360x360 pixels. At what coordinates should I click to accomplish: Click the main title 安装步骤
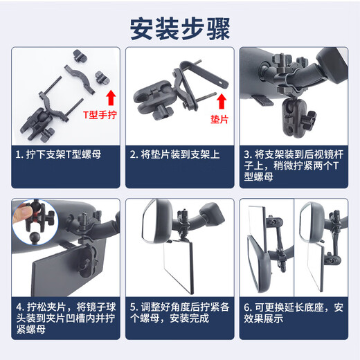(x=180, y=28)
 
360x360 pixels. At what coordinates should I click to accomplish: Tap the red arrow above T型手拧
(x=111, y=98)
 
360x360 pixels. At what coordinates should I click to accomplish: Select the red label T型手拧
(x=100, y=115)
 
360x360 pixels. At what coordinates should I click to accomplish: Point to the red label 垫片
(x=219, y=119)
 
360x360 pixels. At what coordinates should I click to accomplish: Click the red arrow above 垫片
(x=222, y=101)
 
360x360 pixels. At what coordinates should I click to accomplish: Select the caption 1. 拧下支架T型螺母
(x=58, y=154)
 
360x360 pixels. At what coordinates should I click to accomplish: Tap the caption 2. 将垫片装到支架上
(x=174, y=154)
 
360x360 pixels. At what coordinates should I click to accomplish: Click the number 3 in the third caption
(x=246, y=154)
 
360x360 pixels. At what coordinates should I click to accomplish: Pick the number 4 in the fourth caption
(x=19, y=307)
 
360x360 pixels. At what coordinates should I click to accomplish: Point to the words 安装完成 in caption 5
(x=189, y=318)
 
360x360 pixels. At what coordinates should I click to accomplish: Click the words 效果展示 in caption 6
(x=264, y=318)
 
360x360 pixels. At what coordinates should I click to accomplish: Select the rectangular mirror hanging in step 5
(x=179, y=265)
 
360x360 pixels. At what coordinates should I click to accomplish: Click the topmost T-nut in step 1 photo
(x=80, y=56)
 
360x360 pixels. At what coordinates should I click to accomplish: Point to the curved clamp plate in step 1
(x=80, y=79)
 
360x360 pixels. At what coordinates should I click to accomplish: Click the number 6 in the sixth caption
(x=246, y=307)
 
